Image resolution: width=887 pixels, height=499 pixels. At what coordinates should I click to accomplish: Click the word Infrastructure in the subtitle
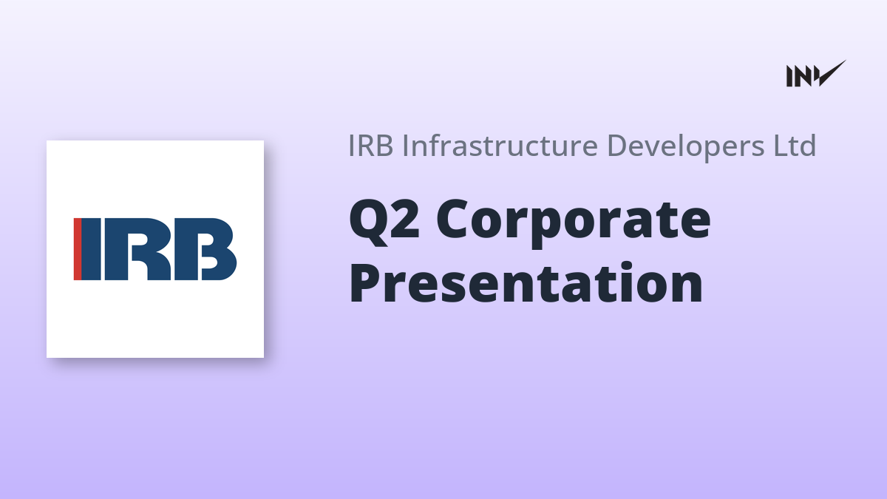500,146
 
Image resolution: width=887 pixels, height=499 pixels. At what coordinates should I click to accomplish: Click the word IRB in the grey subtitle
370,146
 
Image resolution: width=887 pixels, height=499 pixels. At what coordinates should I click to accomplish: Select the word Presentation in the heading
526,282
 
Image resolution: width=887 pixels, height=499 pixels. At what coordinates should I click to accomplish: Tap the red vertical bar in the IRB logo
78,249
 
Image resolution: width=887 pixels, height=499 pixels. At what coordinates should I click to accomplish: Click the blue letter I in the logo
92,249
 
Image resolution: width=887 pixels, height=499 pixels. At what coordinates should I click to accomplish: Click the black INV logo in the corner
816,74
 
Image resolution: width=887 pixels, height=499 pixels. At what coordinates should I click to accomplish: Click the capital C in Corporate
452,219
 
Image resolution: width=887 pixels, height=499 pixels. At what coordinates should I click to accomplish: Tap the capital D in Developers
617,146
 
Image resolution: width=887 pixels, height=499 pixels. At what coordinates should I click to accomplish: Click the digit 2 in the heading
405,219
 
